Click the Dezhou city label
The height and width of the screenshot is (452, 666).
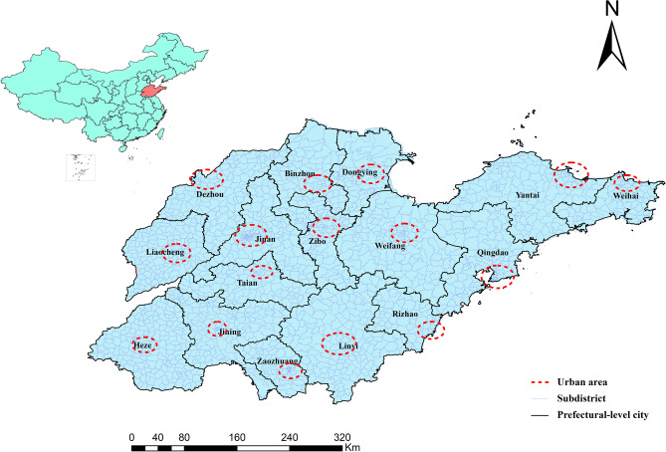[x=210, y=195]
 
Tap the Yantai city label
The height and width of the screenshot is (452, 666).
[x=526, y=196]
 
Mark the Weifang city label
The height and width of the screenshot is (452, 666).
[x=388, y=245]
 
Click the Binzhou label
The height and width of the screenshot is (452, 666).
[x=301, y=173]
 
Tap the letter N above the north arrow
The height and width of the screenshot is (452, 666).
[x=613, y=12]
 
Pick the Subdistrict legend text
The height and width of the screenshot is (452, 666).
[x=587, y=397]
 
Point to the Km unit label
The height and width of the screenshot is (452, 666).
[x=352, y=448]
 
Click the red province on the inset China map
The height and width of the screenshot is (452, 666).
[x=149, y=95]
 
